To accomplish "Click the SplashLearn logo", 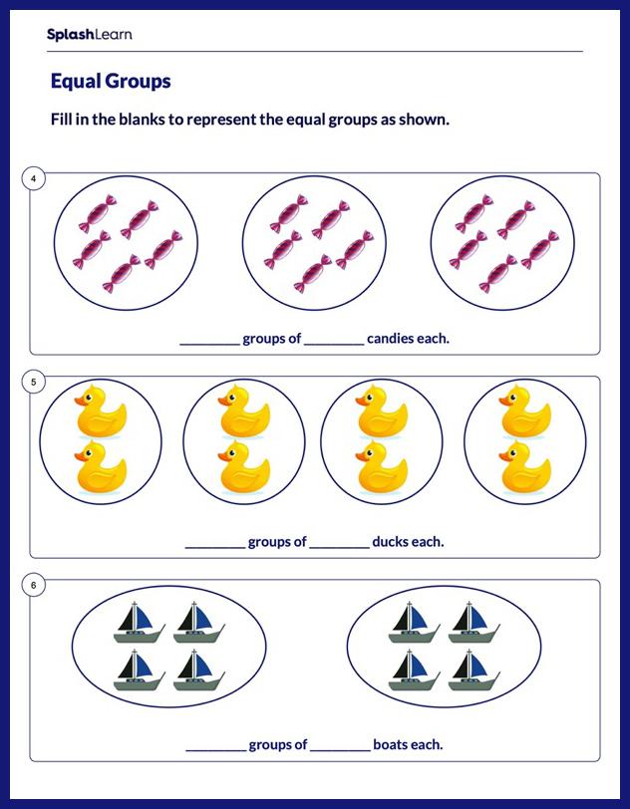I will (x=89, y=35).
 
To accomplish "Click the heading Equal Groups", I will (x=110, y=82).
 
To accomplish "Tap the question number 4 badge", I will (x=34, y=179).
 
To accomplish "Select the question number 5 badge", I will (x=34, y=383).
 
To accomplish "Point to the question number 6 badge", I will (x=34, y=586).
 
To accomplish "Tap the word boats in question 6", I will (x=393, y=745).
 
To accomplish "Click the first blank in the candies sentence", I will (x=209, y=341).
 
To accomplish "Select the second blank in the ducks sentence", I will (x=339, y=544).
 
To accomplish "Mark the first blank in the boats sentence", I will (x=215, y=747).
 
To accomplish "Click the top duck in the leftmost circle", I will (x=100, y=410).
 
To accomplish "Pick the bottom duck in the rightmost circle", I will (x=525, y=467).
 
